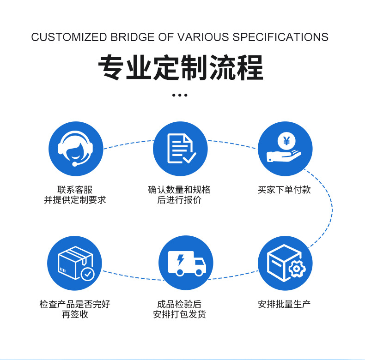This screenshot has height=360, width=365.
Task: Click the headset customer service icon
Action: [75, 149]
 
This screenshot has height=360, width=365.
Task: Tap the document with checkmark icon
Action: [180, 149]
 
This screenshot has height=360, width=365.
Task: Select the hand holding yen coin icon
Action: [285, 149]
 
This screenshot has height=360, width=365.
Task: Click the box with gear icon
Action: [285, 263]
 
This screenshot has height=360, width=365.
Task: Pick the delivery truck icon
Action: [186, 263]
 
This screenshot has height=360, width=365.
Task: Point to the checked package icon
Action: [75, 263]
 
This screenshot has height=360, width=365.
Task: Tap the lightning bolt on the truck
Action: [179, 259]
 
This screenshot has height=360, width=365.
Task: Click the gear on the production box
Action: [296, 268]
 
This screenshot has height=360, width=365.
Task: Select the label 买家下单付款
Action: [285, 190]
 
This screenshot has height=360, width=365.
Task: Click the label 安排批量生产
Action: [285, 304]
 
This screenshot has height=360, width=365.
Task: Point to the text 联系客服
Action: [75, 190]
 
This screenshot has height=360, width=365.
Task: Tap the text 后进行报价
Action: [179, 200]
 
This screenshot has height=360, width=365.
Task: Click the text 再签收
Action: [75, 315]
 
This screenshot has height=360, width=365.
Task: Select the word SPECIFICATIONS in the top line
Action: [280, 37]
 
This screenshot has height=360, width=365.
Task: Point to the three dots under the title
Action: [180, 95]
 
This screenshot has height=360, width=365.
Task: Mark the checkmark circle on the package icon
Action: [87, 274]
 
